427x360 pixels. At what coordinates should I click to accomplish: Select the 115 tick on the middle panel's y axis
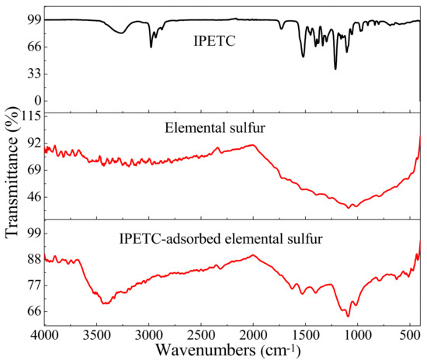(30, 116)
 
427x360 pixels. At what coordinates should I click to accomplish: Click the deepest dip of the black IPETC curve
(335, 68)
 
